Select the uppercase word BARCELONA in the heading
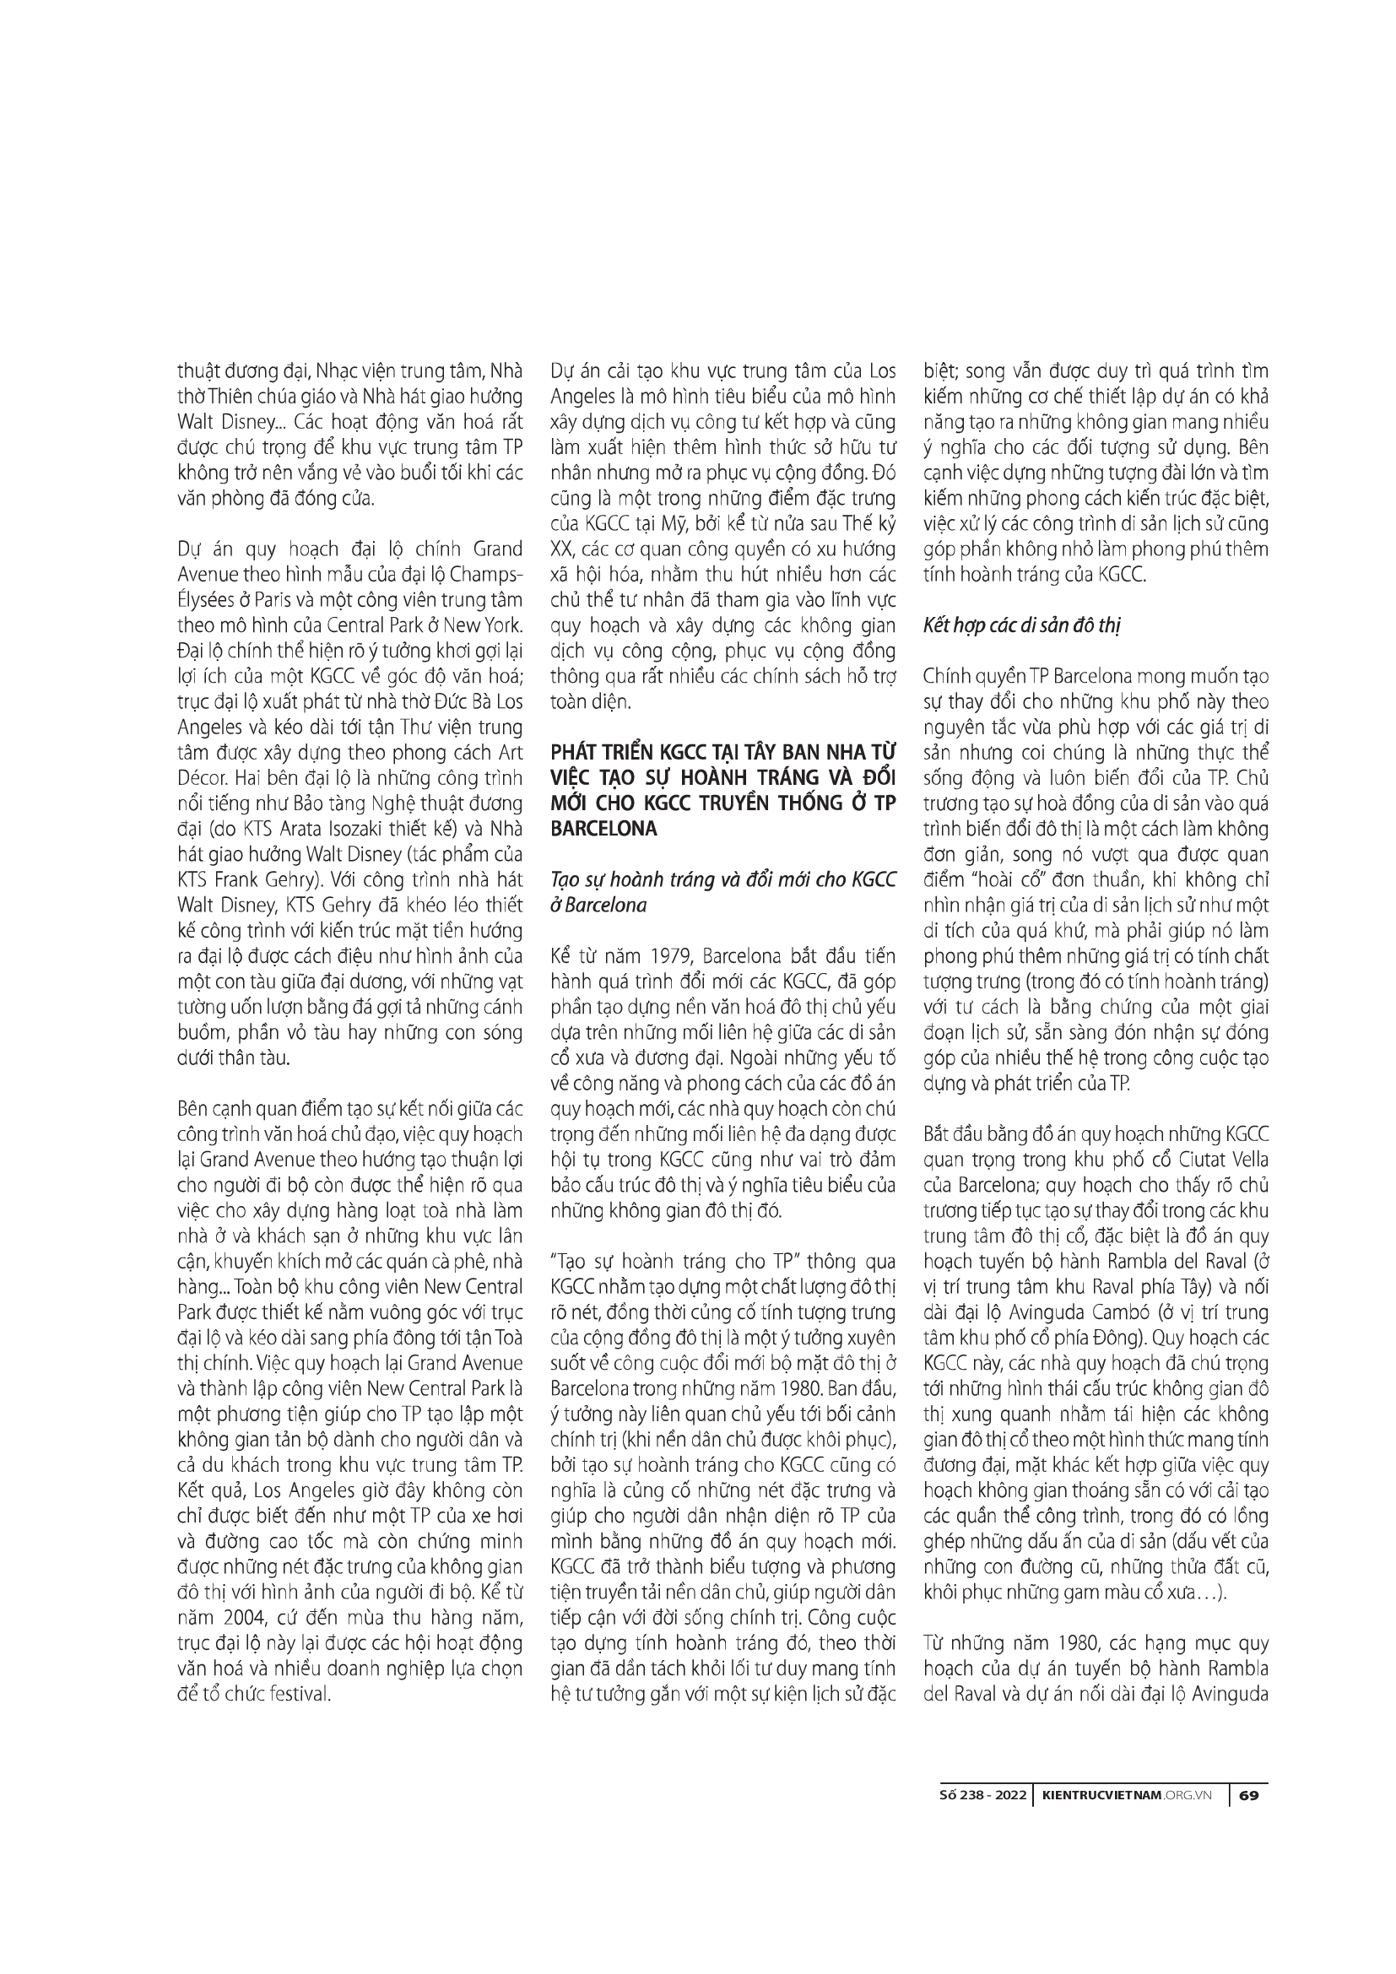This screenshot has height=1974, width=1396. pos(603,830)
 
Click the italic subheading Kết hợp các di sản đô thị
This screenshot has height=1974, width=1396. pos(1023,625)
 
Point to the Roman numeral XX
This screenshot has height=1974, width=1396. pos(561,549)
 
